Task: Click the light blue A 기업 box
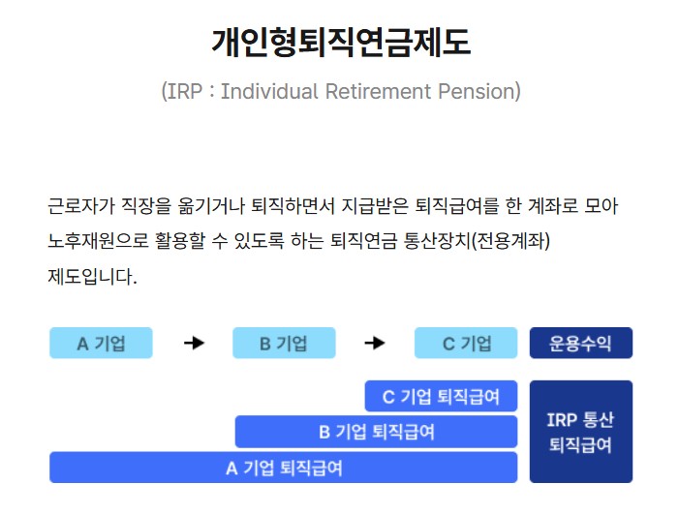(x=101, y=343)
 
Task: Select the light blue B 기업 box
(x=284, y=343)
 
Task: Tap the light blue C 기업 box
(x=466, y=343)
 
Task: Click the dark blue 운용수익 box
(x=580, y=343)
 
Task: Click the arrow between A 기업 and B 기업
(x=194, y=343)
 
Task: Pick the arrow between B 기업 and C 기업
(x=375, y=343)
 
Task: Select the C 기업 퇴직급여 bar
(x=441, y=396)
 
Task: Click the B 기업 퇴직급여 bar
(x=377, y=432)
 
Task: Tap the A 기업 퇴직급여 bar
(x=284, y=468)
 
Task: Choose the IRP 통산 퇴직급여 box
(x=580, y=432)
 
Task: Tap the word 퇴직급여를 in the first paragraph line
(x=457, y=206)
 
